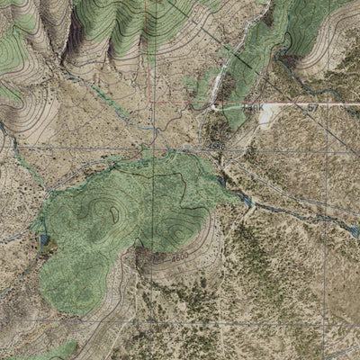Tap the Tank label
[257, 107]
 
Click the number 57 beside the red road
[312, 107]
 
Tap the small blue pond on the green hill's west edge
[44, 241]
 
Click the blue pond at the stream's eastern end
[354, 233]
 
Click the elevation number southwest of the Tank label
[216, 145]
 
